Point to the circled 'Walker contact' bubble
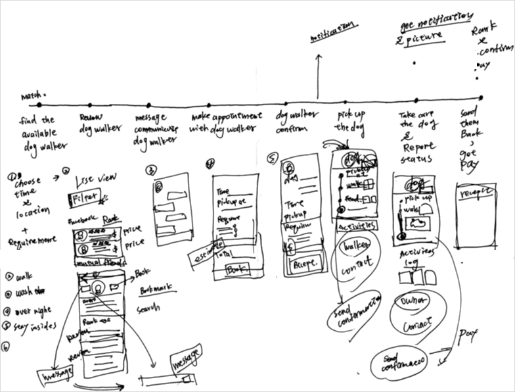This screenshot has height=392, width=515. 356,257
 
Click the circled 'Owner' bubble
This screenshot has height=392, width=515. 412,301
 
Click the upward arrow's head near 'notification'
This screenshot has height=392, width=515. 319,57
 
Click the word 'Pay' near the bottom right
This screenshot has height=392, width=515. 468,335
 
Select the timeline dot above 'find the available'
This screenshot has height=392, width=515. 39,105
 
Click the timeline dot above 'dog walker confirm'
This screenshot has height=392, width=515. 289,101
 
